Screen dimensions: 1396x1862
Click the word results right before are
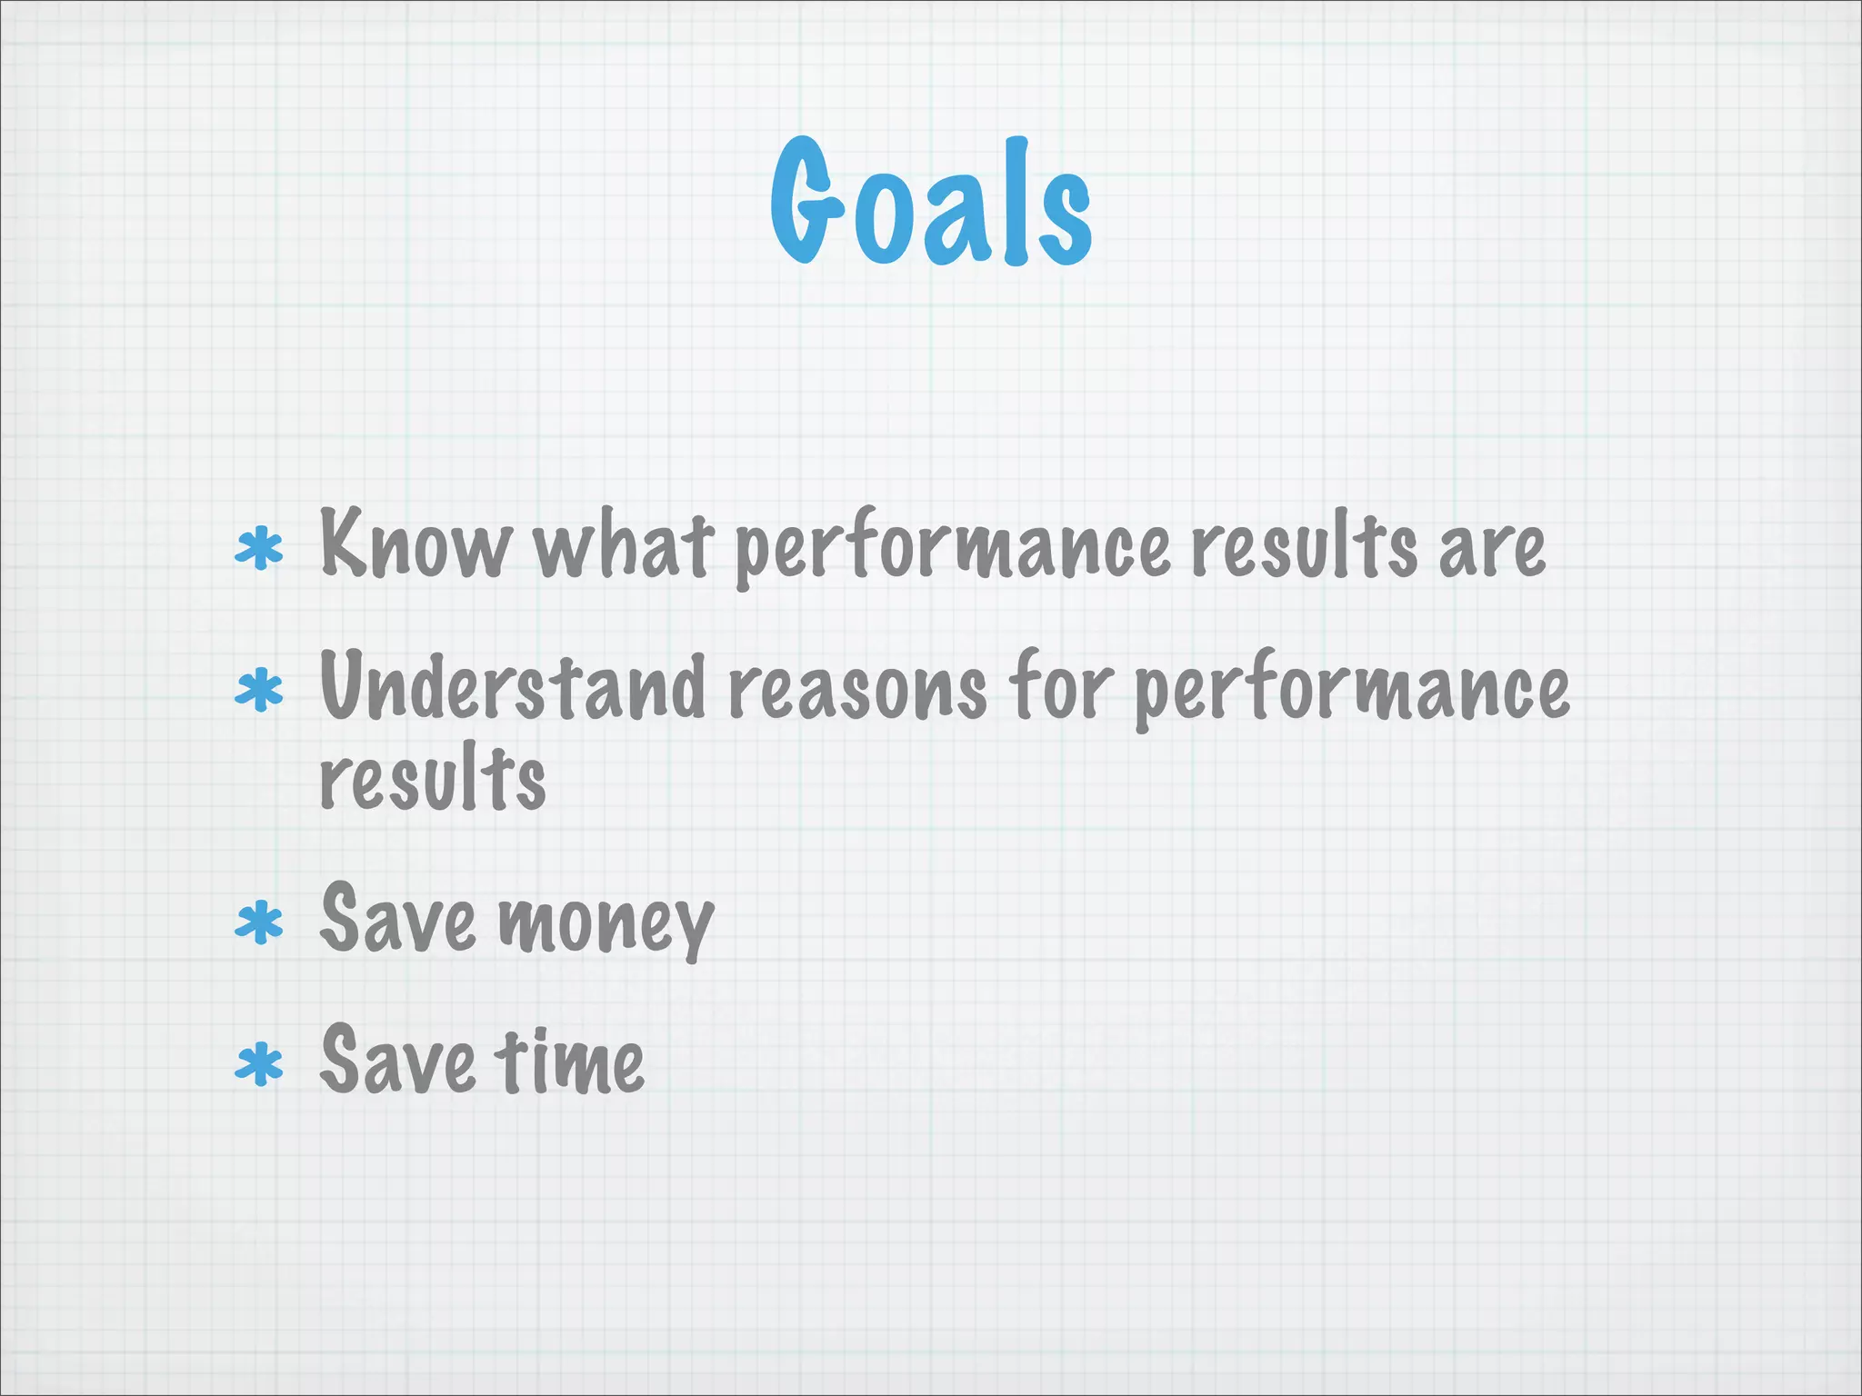point(1304,545)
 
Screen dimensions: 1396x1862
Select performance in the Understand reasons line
point(1353,691)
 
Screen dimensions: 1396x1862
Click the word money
point(606,923)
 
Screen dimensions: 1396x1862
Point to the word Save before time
point(398,1060)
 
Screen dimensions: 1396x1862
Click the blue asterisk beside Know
point(259,549)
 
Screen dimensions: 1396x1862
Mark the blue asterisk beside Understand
point(259,691)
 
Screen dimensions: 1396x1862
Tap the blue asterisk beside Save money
point(259,923)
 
